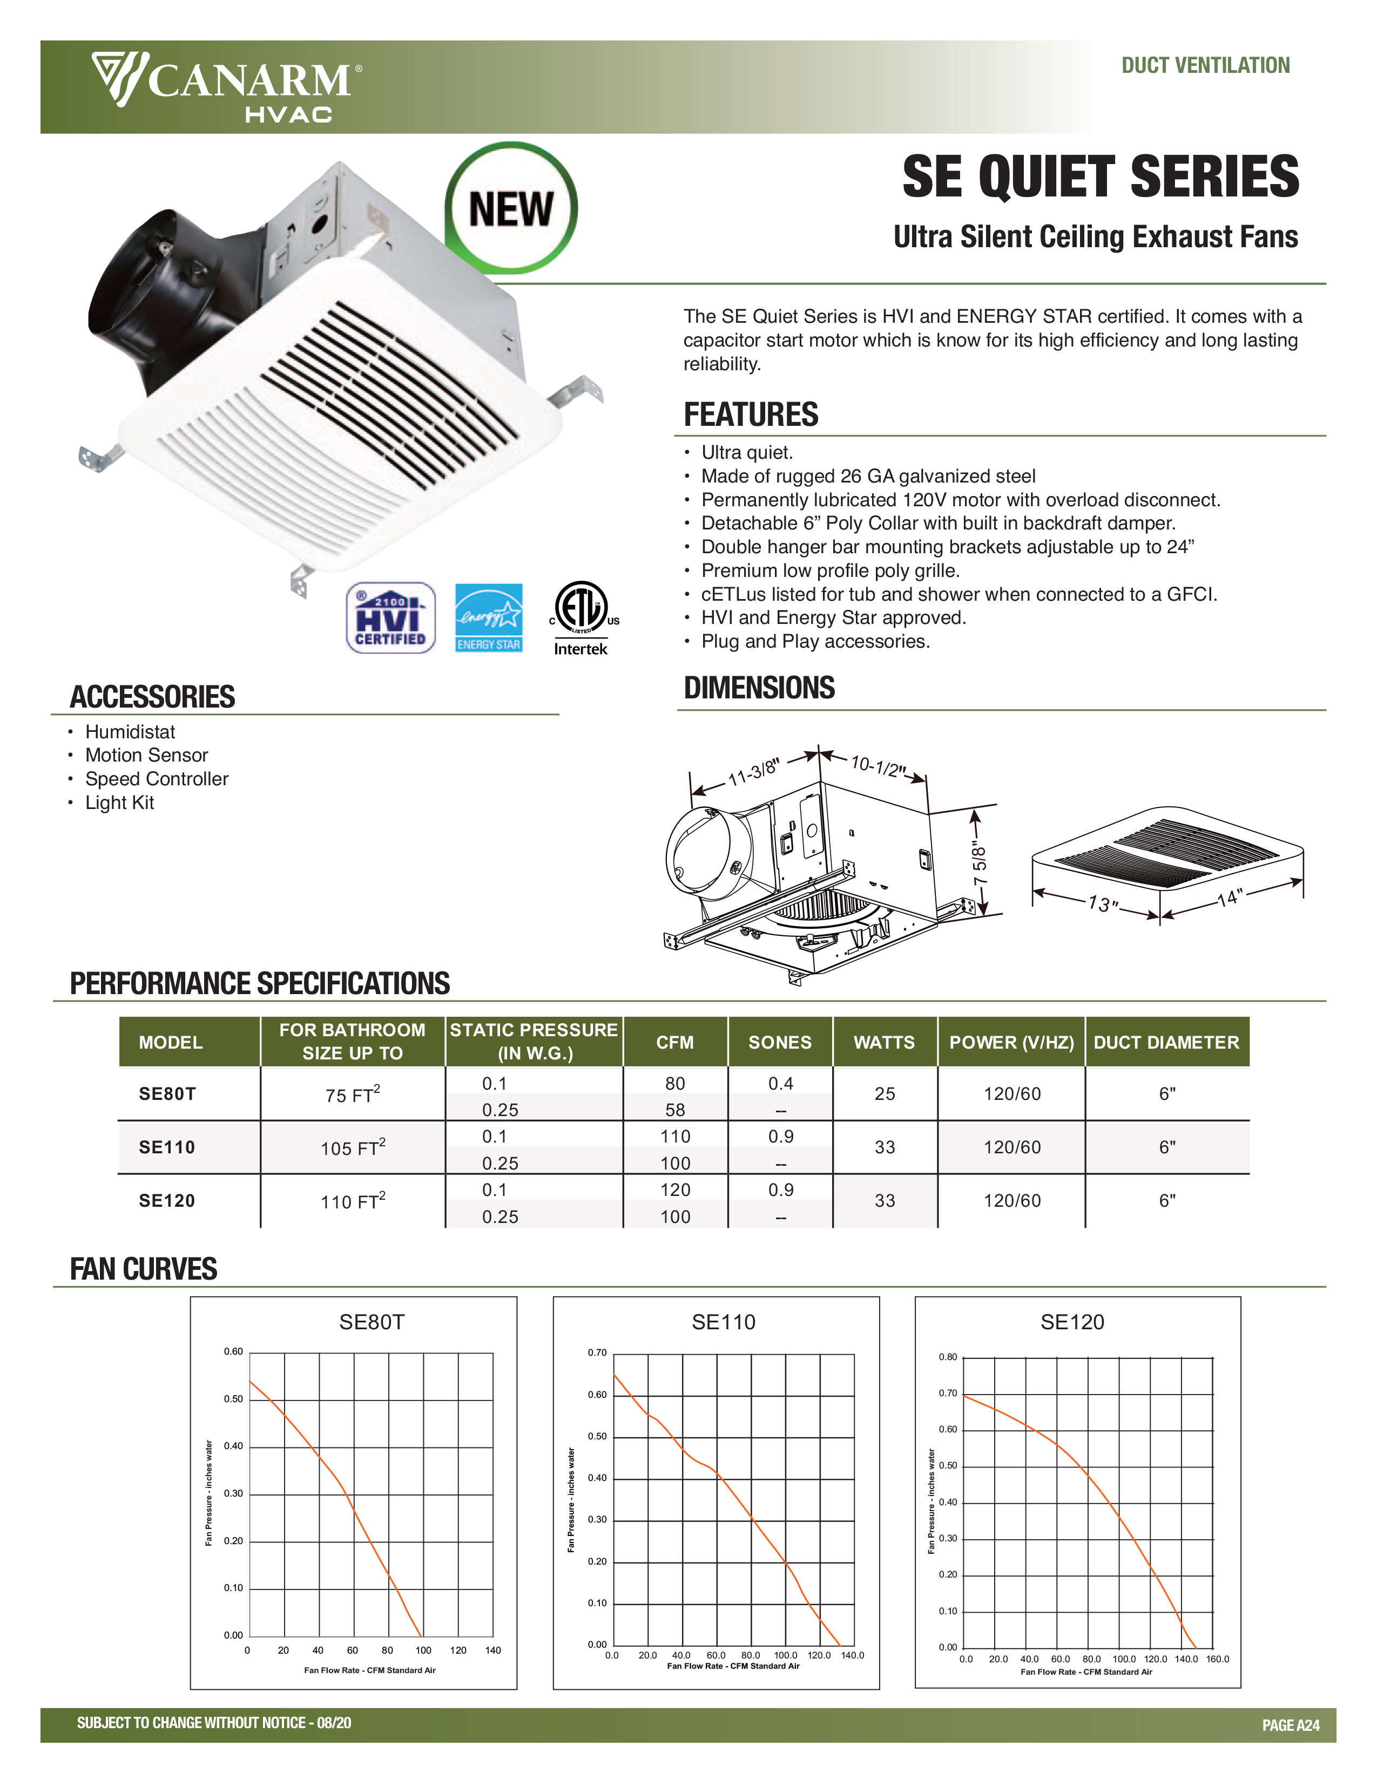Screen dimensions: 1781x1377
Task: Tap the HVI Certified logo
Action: tap(391, 618)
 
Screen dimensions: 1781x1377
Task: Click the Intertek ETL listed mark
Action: tap(581, 618)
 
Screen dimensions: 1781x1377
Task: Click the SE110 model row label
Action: tap(167, 1147)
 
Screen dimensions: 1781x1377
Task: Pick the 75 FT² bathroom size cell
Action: tap(353, 1095)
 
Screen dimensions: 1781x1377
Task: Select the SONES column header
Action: tap(780, 1042)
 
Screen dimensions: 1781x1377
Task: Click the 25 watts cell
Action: tap(885, 1095)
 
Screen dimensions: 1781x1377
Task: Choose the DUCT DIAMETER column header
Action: tap(1166, 1042)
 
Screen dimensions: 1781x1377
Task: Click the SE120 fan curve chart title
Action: tap(1072, 1322)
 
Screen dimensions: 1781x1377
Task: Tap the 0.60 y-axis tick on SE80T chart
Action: tap(233, 1351)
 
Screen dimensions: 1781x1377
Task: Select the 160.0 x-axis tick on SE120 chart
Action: tap(1217, 1658)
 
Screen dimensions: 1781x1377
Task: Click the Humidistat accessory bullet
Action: tap(130, 732)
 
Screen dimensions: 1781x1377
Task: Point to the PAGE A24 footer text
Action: tap(1290, 1725)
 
